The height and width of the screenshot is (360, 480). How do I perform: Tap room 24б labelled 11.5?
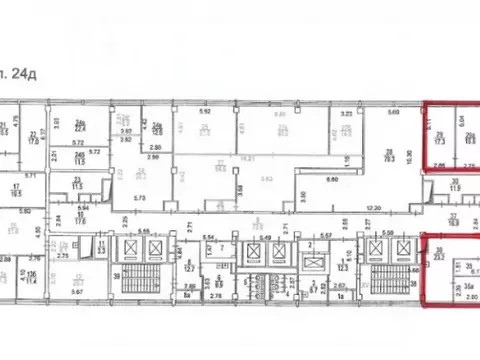click(x=77, y=154)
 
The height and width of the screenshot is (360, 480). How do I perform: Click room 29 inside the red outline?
click(x=441, y=139)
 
